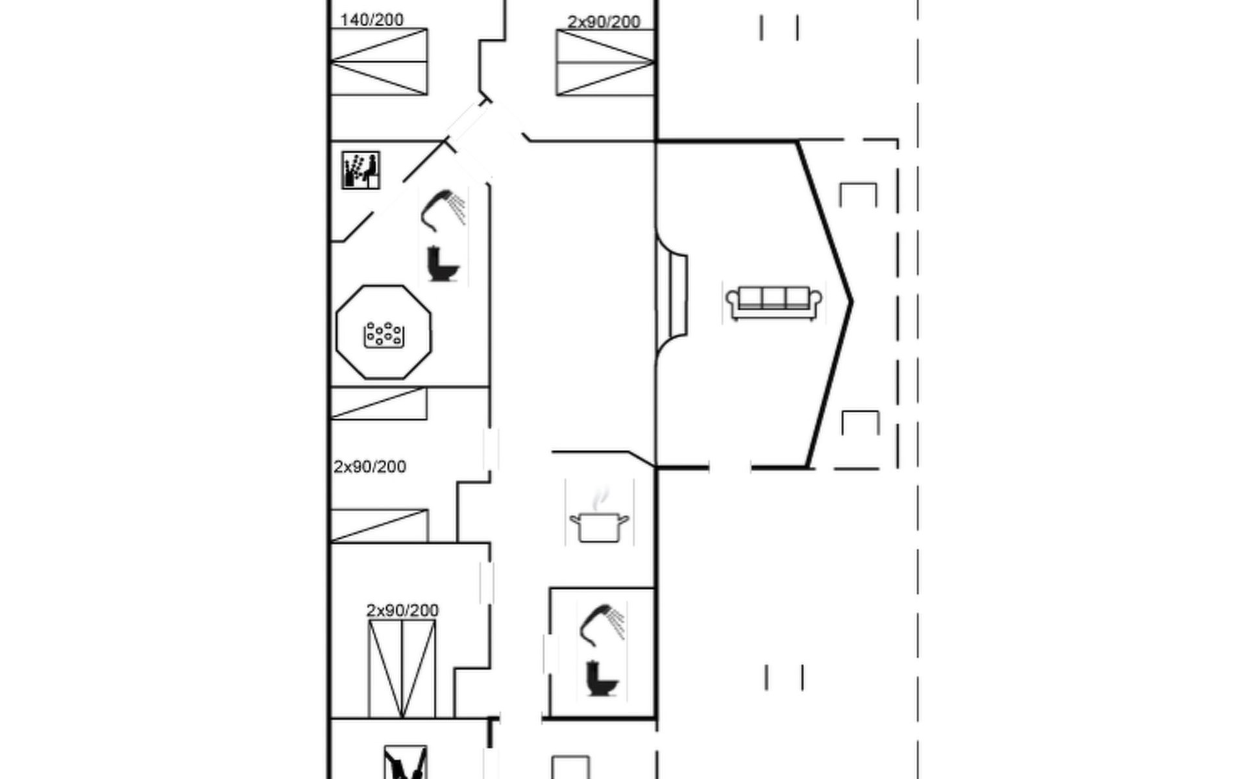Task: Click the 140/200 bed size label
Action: coord(372,20)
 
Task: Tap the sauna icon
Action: coord(361,171)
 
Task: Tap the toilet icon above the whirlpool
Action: coord(443,264)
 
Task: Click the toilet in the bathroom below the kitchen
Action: coord(602,678)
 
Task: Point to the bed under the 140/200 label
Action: coord(379,62)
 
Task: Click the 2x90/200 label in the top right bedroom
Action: coord(604,22)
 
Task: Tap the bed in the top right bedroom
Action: coord(605,63)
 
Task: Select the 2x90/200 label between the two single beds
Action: coord(370,467)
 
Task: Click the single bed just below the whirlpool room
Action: coord(379,403)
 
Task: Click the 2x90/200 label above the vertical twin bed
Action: coord(402,610)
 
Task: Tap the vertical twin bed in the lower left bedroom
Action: coord(402,669)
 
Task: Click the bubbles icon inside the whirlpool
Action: coord(384,335)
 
